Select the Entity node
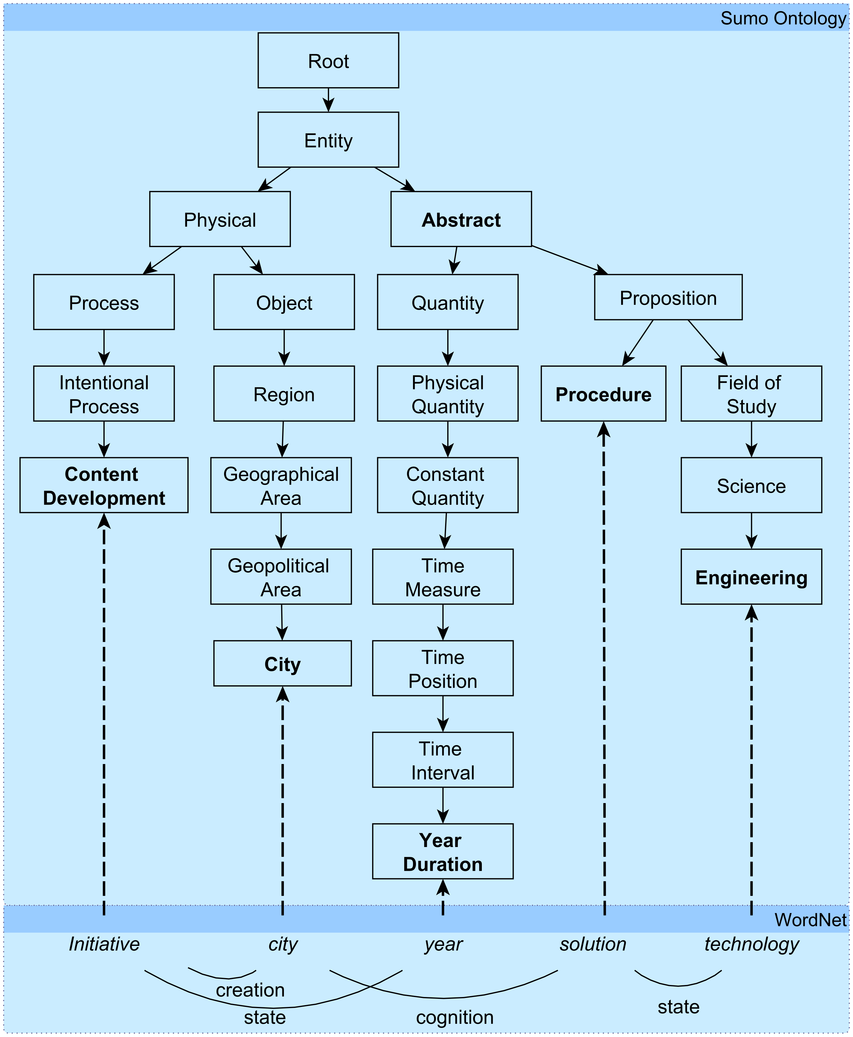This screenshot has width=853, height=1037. (328, 140)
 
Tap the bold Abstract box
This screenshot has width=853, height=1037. (461, 219)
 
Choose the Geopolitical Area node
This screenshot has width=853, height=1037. (281, 577)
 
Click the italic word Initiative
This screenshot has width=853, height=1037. (104, 944)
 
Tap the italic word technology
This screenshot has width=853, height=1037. (751, 944)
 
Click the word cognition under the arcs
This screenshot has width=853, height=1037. (454, 1017)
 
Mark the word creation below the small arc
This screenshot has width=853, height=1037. (250, 990)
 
